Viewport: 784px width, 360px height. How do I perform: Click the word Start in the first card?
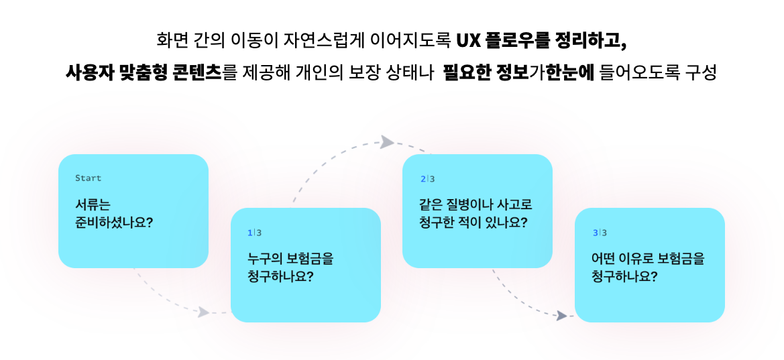click(88, 178)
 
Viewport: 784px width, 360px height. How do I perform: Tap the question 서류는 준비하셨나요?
click(114, 213)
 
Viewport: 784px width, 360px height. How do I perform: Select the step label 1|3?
click(254, 233)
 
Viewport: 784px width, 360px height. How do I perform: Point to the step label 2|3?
click(427, 179)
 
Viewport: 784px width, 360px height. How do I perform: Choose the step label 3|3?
click(599, 233)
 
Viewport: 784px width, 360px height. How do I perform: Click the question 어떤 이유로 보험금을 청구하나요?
click(648, 266)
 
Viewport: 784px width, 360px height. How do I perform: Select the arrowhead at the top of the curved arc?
click(387, 141)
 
